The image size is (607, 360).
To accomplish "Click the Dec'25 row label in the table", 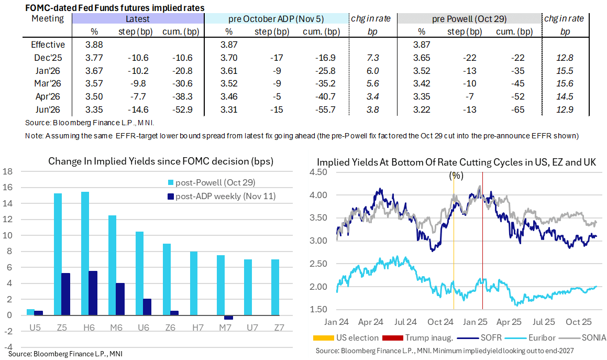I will pos(49,58).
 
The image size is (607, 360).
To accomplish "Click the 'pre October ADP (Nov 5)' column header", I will pos(276,19).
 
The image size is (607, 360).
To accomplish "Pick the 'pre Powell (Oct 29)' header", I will pos(469,19).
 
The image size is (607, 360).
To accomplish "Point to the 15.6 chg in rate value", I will pos(565,83).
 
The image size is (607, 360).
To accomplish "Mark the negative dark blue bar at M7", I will pos(228,318).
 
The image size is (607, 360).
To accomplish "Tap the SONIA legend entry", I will pos(587,339).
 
